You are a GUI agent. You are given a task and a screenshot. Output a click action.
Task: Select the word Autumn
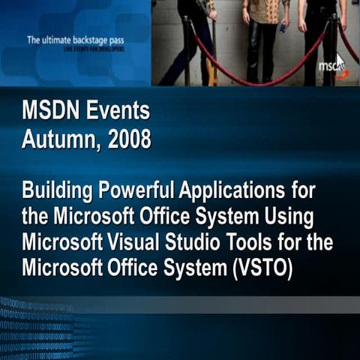62,139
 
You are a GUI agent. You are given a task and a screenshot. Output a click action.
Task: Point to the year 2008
129,139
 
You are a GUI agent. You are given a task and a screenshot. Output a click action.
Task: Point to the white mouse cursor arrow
340,61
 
